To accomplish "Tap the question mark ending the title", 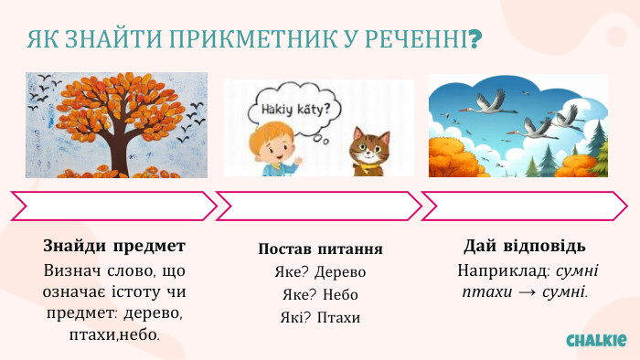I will [x=475, y=40].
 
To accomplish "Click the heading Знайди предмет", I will [x=114, y=247].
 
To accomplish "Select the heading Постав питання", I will [x=320, y=249].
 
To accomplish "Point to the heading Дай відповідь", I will [x=525, y=247].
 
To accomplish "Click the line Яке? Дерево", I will [x=320, y=272].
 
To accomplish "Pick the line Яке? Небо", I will [x=320, y=295].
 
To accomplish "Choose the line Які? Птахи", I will [x=320, y=318].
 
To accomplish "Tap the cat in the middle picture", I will [x=368, y=150].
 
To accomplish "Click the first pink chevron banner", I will [x=114, y=206].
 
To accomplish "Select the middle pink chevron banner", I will [x=319, y=206].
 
